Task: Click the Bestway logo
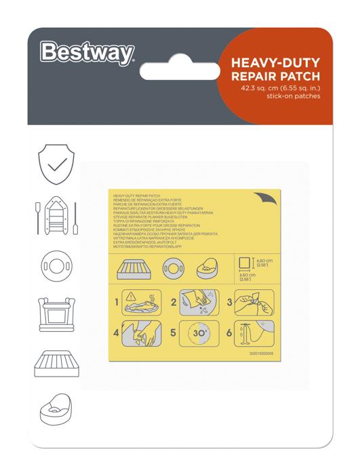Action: pyautogui.click(x=87, y=52)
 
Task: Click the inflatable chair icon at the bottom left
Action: pyautogui.click(x=54, y=410)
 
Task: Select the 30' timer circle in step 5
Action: pyautogui.click(x=199, y=334)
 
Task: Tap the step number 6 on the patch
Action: pyautogui.click(x=230, y=333)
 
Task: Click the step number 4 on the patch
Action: pyautogui.click(x=117, y=333)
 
